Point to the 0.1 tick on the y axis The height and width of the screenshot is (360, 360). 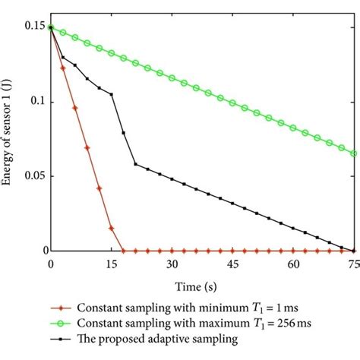38,102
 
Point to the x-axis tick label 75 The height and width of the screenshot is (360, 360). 352,264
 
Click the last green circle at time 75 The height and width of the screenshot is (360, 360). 354,153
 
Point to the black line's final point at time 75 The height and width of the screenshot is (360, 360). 354,250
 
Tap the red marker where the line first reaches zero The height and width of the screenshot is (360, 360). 123,251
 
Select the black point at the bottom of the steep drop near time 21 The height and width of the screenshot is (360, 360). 135,164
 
